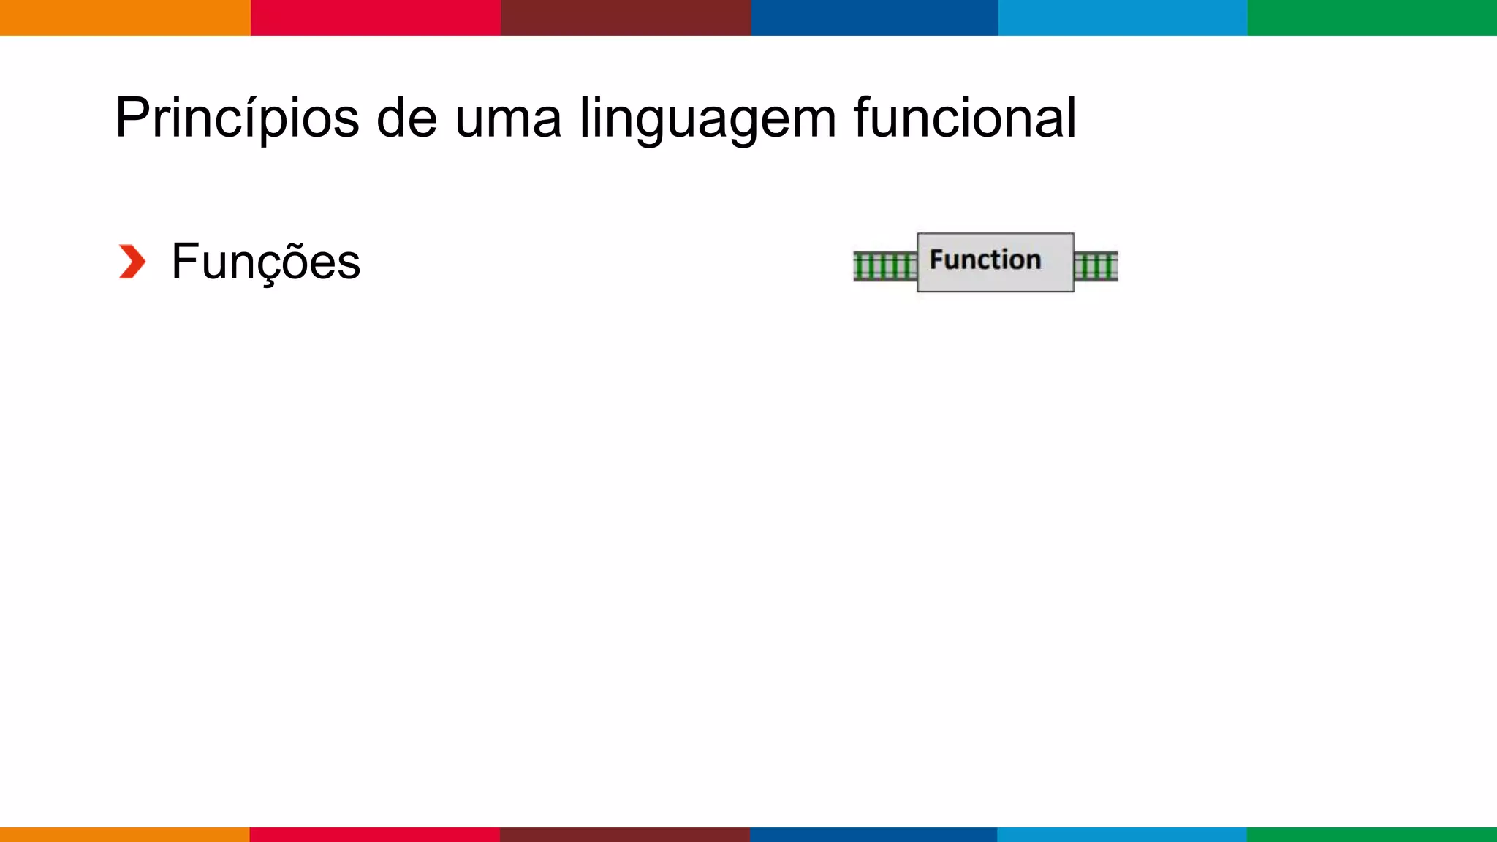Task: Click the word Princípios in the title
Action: click(237, 118)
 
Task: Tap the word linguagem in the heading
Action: click(708, 118)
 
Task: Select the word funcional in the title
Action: click(965, 118)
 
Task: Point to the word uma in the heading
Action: click(508, 118)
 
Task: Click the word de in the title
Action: click(406, 118)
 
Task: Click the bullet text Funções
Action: click(266, 262)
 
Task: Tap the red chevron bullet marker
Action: click(132, 262)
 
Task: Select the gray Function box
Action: click(996, 262)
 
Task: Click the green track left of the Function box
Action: click(885, 266)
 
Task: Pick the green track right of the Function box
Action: click(1096, 266)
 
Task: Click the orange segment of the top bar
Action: click(125, 18)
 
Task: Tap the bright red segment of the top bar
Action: click(376, 18)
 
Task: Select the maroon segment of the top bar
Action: click(626, 18)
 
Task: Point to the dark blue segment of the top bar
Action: click(875, 18)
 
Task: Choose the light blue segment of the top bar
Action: click(1123, 18)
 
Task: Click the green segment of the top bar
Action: click(1372, 18)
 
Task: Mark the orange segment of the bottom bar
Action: click(125, 835)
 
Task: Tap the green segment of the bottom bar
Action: click(1372, 835)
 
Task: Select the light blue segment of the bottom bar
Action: click(1122, 835)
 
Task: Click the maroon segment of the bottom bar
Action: click(625, 835)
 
